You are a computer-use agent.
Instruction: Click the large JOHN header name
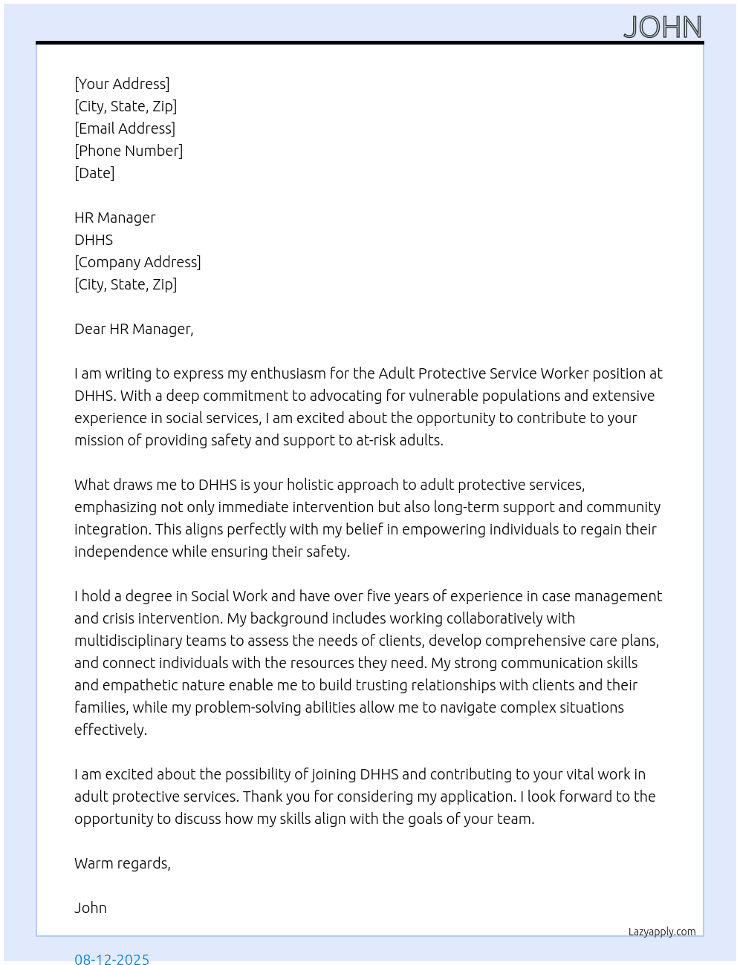pyautogui.click(x=662, y=27)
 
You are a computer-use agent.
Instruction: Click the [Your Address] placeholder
pyautogui.click(x=122, y=84)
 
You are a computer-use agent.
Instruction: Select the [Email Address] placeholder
pyautogui.click(x=125, y=128)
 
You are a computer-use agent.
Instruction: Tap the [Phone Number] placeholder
pyautogui.click(x=129, y=151)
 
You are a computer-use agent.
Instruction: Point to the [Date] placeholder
pyautogui.click(x=94, y=173)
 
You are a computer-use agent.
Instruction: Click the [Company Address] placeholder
pyautogui.click(x=137, y=262)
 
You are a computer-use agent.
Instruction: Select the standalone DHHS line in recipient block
pyautogui.click(x=94, y=240)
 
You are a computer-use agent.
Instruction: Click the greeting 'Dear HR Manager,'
pyautogui.click(x=134, y=329)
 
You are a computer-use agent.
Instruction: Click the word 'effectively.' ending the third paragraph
pyautogui.click(x=111, y=730)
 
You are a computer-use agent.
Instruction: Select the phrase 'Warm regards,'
pyautogui.click(x=123, y=863)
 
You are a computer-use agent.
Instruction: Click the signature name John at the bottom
pyautogui.click(x=91, y=908)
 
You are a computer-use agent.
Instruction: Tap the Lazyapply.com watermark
pyautogui.click(x=662, y=932)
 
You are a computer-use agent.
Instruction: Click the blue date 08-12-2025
pyautogui.click(x=111, y=958)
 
